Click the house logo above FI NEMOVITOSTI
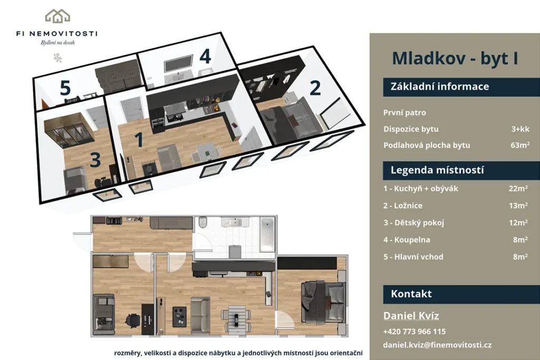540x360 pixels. [x=57, y=16]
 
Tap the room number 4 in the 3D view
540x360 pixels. [x=205, y=56]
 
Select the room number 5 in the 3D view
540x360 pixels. [x=65, y=88]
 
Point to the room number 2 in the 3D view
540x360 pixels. [x=315, y=88]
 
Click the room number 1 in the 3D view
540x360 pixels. [x=139, y=140]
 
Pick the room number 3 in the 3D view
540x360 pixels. [x=95, y=160]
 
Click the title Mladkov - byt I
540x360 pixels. [x=455, y=58]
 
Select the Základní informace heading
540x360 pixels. [x=439, y=86]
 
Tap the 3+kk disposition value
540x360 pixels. [x=520, y=129]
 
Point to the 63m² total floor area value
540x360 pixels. [x=520, y=145]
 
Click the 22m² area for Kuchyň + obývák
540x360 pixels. [x=518, y=188]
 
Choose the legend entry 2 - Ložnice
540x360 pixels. [x=403, y=206]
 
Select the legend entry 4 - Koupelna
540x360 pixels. [x=407, y=239]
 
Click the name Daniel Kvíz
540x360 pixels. [x=411, y=316]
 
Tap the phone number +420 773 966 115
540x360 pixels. [x=414, y=332]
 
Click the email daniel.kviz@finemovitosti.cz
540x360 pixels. [x=437, y=345]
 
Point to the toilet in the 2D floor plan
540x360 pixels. [x=202, y=222]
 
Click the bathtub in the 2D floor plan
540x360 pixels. [x=267, y=235]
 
